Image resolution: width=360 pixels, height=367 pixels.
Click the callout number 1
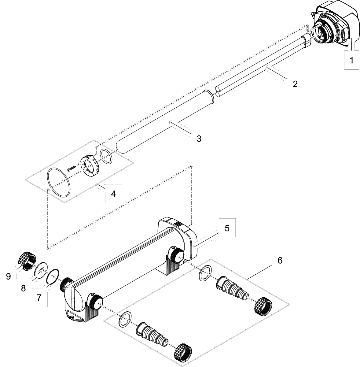click(x=351, y=61)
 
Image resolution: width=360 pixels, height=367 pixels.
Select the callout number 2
click(x=295, y=84)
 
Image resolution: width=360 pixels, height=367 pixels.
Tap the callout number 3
click(x=199, y=139)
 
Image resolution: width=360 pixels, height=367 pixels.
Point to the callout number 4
click(x=113, y=194)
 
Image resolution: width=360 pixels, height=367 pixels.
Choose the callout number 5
click(x=227, y=228)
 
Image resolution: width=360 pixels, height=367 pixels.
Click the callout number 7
click(x=39, y=298)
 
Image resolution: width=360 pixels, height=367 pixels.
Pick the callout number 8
click(x=24, y=288)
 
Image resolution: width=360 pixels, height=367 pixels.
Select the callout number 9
click(x=8, y=276)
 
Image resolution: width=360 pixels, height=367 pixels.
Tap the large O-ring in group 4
click(x=59, y=183)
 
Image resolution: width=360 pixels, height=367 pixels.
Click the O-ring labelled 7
click(x=53, y=276)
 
